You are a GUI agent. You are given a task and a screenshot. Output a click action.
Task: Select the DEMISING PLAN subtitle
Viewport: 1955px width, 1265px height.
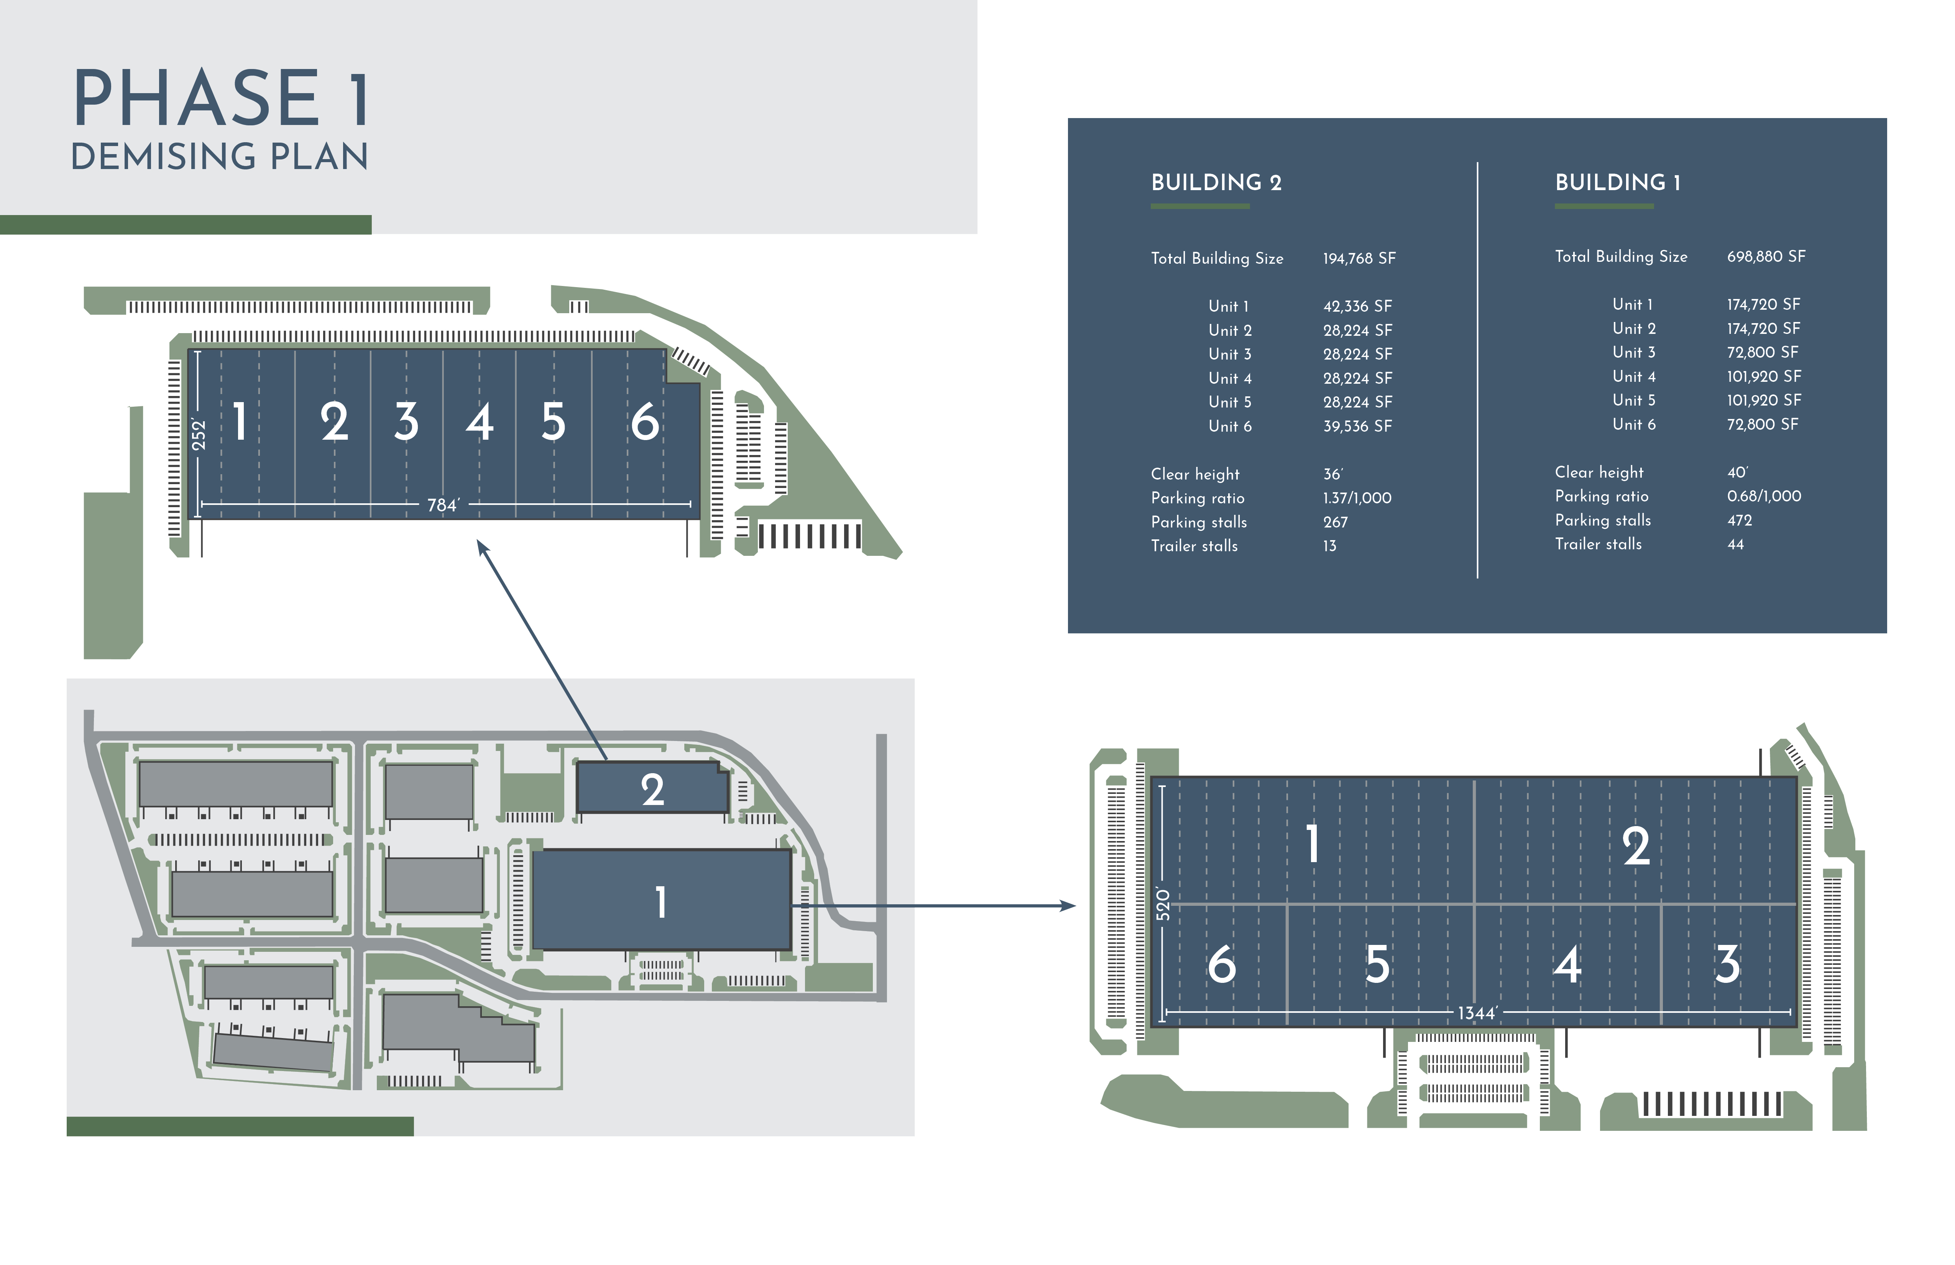click(x=219, y=157)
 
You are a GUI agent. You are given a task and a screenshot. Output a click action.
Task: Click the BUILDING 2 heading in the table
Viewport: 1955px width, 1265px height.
click(x=1216, y=182)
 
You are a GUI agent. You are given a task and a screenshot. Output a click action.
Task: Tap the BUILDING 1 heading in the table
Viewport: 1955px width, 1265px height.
click(x=1617, y=182)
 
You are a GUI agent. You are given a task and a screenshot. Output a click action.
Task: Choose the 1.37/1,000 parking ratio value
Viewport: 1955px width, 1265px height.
click(x=1357, y=498)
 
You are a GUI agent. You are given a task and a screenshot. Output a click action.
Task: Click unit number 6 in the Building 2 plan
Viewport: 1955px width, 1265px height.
click(x=645, y=422)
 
